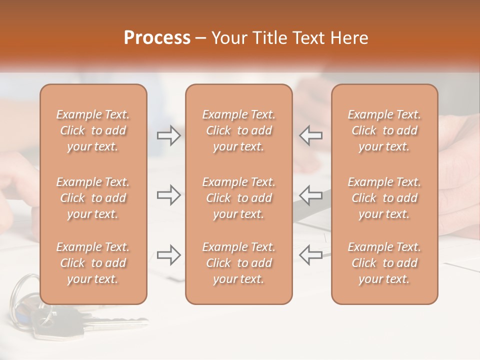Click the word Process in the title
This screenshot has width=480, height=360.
click(x=157, y=38)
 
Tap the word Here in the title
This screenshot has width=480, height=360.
click(x=349, y=38)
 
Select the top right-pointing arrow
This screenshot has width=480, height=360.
click(x=168, y=135)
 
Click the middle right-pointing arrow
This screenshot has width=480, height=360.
click(x=168, y=195)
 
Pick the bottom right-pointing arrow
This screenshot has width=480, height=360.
click(x=168, y=254)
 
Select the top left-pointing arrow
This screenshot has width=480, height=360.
click(x=311, y=135)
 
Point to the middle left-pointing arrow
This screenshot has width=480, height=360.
click(x=311, y=195)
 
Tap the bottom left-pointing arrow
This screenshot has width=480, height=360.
click(x=311, y=254)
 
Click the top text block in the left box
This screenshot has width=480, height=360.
click(x=93, y=130)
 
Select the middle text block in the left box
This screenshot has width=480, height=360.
click(x=93, y=198)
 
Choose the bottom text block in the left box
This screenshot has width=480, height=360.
click(x=93, y=263)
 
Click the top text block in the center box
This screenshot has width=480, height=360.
click(x=239, y=130)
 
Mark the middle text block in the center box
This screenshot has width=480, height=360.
click(x=239, y=198)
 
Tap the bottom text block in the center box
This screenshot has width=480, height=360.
click(x=239, y=263)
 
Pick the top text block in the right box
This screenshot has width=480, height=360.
click(x=384, y=130)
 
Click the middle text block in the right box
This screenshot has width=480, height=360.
click(x=384, y=198)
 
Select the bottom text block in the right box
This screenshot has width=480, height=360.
click(x=384, y=263)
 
